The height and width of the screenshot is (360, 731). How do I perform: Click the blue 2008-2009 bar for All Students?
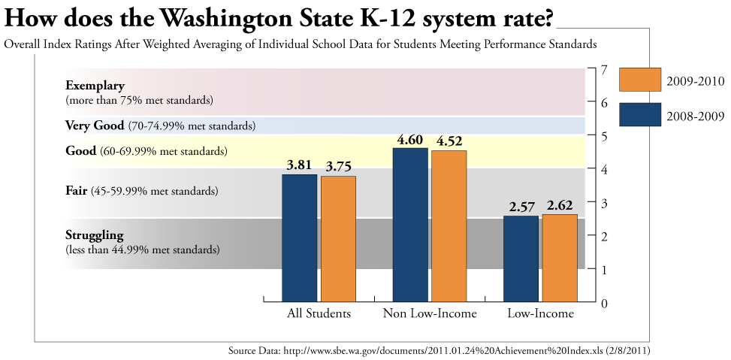299,237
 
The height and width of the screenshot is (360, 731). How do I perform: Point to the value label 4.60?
410,139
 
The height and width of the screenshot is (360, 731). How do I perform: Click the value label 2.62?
560,205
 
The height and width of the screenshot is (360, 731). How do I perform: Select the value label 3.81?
299,165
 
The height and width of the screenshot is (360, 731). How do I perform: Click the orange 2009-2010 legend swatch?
639,80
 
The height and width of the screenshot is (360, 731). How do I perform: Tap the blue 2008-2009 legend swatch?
639,114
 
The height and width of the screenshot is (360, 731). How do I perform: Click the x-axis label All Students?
319,313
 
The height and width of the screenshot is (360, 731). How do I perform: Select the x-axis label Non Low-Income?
430,313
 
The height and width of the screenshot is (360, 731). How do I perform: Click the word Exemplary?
95,85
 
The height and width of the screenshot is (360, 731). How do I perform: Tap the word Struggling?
94,235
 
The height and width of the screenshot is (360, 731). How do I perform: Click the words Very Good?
94,125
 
